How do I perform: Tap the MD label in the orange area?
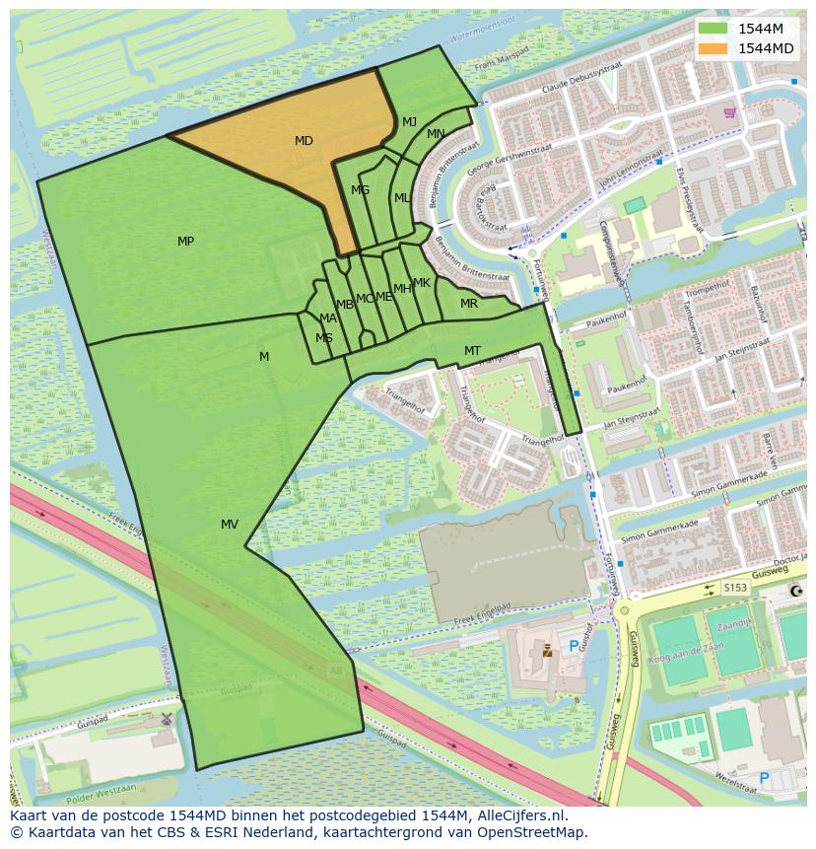pos(304,141)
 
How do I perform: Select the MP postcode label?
pos(185,242)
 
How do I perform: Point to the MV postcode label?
pos(230,525)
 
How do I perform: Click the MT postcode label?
pos(472,351)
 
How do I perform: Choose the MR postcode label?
pos(469,304)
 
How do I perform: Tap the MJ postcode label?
pos(409,122)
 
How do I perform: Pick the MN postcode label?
pos(436,134)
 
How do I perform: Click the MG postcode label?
pos(360,190)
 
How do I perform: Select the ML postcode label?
pos(402,198)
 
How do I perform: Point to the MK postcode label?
pos(422,283)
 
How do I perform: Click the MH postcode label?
pos(402,289)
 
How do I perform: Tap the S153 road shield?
pos(735,588)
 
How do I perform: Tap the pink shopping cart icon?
pos(728,112)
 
